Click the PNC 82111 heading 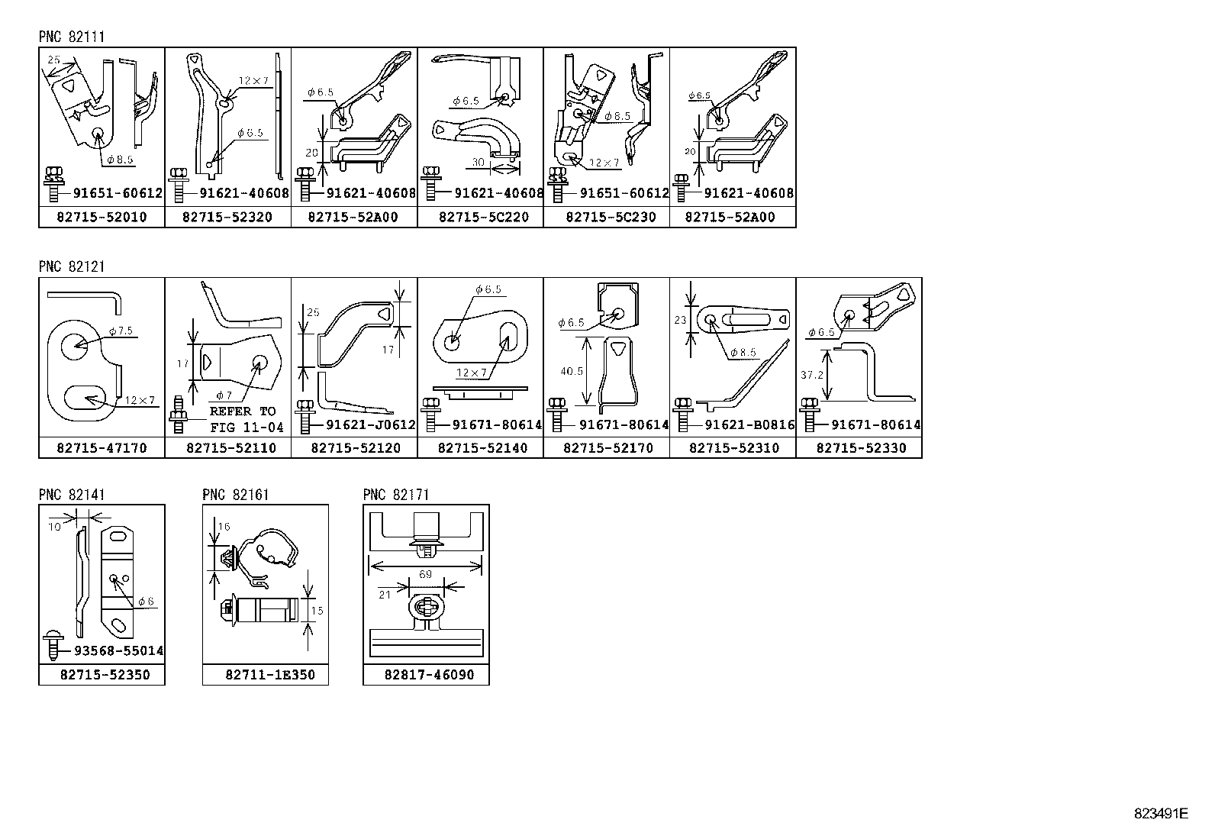point(72,37)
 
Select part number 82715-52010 point(101,218)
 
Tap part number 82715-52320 point(227,218)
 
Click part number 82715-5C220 point(483,218)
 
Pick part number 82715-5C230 point(610,218)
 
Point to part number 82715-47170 point(101,448)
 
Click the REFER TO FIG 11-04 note point(246,419)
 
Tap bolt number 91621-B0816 point(749,425)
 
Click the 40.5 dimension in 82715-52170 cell point(572,371)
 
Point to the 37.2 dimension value point(812,375)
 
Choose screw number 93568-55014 point(118,651)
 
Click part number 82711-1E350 point(270,675)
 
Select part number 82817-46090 point(429,675)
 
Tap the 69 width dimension point(425,574)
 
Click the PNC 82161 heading point(235,495)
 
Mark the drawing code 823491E point(1160,813)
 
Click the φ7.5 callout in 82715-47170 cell point(121,331)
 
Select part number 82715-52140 point(482,448)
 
